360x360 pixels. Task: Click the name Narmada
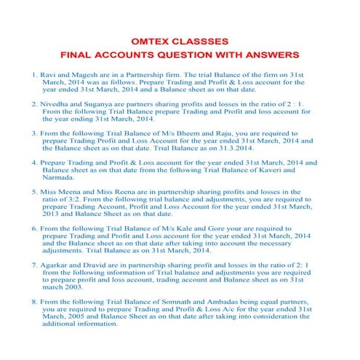point(60,177)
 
